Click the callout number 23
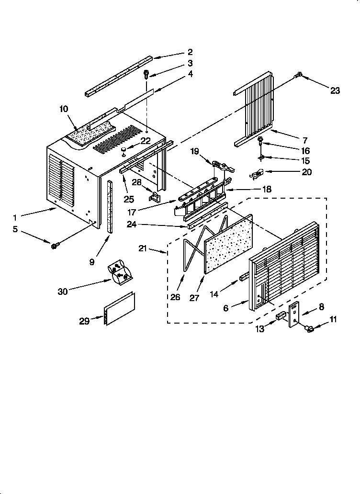tap(335, 90)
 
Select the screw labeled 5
tap(55, 245)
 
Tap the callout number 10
tap(64, 109)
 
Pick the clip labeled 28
tap(154, 196)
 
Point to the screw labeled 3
tap(146, 74)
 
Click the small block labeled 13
tap(281, 316)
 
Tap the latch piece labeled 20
tap(257, 175)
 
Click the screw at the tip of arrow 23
tap(299, 74)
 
